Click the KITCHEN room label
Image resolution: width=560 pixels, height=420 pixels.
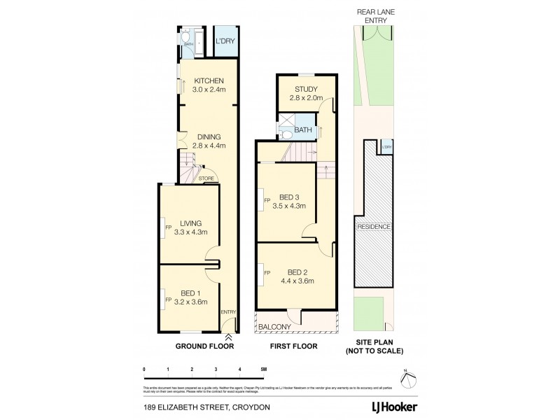[x=209, y=80]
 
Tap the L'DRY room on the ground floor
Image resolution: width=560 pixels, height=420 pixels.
[x=224, y=42]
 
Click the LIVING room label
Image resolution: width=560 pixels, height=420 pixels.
[x=190, y=223]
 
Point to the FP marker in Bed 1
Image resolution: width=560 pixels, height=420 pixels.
[x=168, y=300]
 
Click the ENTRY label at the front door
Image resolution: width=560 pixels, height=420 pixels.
[x=228, y=312]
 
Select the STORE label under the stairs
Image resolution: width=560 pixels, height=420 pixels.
[x=206, y=178]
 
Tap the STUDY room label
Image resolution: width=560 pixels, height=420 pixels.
[x=306, y=89]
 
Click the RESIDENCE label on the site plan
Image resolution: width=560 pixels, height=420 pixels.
[x=374, y=227]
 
